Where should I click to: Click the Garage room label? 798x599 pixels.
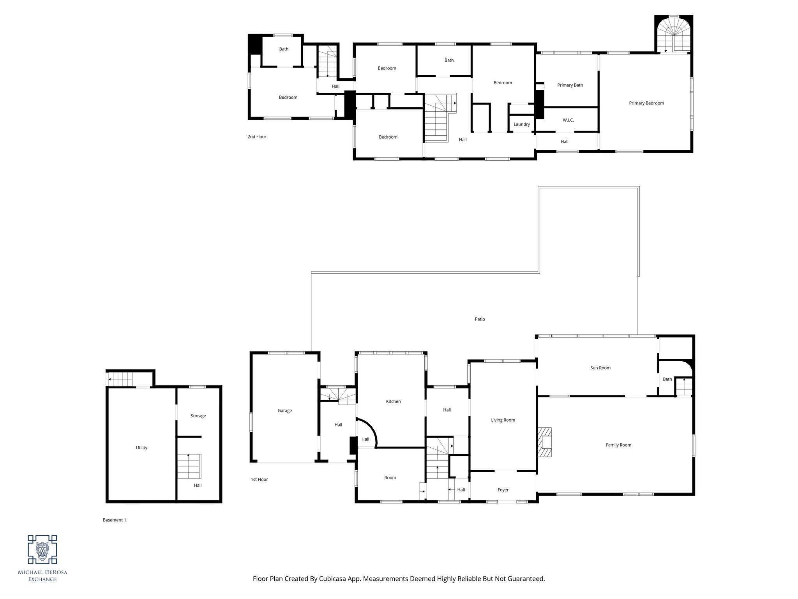284,411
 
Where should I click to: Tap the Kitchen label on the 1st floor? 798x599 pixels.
393,401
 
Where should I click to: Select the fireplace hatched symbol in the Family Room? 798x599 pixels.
545,442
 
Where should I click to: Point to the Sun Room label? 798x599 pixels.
600,368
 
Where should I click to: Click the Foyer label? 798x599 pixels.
503,490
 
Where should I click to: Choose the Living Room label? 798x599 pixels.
503,420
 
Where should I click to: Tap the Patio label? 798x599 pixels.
480,319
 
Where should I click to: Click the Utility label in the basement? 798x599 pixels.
141,448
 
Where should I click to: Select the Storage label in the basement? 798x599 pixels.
198,416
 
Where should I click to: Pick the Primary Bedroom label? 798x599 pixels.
646,103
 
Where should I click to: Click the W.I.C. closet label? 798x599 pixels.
568,120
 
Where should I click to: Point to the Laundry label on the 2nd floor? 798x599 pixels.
521,124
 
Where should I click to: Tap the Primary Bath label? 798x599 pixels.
570,85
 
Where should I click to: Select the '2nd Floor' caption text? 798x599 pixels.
257,137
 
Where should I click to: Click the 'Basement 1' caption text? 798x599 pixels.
114,520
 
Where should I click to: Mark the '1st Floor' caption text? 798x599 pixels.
259,479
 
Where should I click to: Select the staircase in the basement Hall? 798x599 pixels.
189,466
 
